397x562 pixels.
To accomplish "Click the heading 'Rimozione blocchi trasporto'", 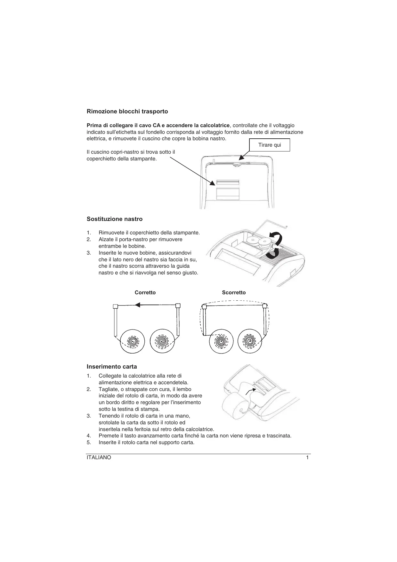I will click(x=127, y=111).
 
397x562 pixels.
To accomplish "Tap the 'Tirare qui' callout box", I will click(x=269, y=145).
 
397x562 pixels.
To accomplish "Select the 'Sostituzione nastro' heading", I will click(x=115, y=219).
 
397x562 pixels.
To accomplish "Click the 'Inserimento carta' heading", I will click(x=112, y=367).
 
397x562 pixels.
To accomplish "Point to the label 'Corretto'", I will click(x=145, y=292).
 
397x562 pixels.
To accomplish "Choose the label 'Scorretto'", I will click(x=234, y=292).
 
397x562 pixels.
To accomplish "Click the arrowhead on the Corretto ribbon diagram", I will click(x=138, y=305).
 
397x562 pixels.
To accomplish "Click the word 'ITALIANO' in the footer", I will click(x=99, y=458).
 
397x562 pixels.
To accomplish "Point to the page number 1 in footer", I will click(x=307, y=458).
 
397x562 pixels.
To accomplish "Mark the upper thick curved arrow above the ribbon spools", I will click(x=276, y=238).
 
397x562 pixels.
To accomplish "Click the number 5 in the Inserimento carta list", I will click(x=89, y=443).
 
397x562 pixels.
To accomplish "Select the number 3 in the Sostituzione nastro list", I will click(x=89, y=253).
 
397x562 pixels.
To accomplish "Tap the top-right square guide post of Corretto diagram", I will click(x=178, y=305).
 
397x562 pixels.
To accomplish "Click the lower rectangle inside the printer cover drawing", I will click(x=228, y=194).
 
